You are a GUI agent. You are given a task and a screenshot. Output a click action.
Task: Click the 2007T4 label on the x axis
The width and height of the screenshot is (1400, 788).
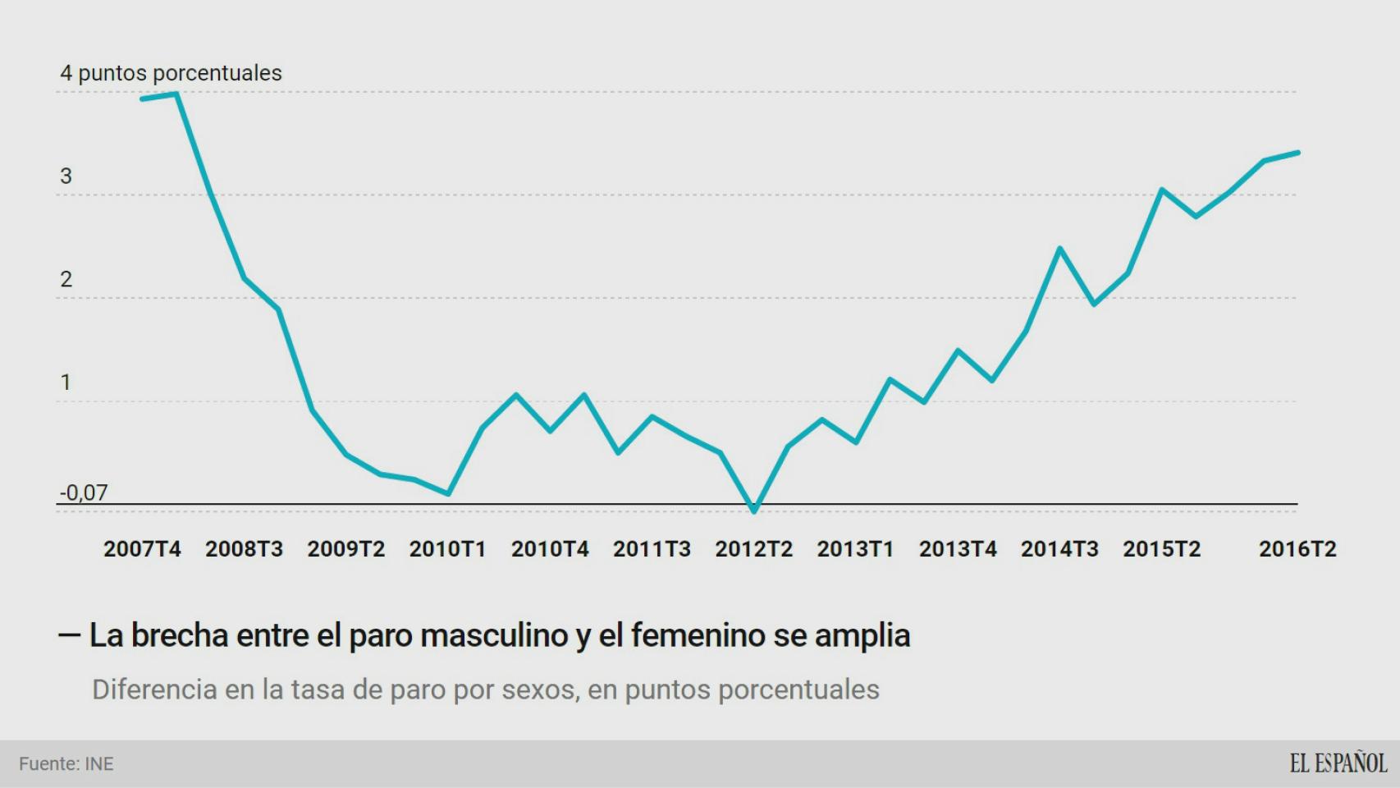click(142, 549)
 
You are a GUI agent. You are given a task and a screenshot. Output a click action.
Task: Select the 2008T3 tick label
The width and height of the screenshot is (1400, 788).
click(244, 549)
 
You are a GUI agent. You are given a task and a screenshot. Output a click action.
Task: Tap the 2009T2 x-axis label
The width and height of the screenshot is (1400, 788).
click(345, 549)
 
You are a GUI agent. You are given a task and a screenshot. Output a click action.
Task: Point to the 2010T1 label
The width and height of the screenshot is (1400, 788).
click(447, 549)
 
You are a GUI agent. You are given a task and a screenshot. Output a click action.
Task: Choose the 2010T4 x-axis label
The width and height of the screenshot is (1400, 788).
click(550, 549)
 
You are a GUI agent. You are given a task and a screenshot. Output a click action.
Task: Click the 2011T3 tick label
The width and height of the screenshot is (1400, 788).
click(652, 549)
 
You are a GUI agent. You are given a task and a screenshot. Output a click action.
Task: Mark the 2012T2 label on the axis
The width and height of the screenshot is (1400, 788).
click(753, 549)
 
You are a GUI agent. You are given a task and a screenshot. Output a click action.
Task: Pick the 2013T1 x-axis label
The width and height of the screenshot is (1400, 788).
click(855, 549)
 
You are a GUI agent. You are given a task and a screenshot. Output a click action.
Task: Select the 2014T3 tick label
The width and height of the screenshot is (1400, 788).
click(1059, 549)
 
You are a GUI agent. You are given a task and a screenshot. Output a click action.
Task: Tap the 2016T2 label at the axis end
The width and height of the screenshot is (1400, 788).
click(1297, 549)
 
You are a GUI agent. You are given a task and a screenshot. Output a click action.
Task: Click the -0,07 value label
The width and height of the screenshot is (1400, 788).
click(84, 492)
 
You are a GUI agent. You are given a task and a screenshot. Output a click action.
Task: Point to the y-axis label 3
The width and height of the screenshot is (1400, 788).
click(66, 176)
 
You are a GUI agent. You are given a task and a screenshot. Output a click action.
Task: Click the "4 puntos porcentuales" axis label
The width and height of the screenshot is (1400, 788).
click(171, 73)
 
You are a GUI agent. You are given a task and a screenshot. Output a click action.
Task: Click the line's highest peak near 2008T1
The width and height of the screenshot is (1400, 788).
click(176, 94)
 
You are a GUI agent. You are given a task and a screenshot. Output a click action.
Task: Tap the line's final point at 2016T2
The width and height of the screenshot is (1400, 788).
click(1297, 153)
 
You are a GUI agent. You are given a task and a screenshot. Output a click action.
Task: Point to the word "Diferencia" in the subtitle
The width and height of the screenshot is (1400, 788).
click(153, 689)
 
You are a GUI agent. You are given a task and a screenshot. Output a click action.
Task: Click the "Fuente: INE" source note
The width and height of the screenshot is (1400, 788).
click(66, 764)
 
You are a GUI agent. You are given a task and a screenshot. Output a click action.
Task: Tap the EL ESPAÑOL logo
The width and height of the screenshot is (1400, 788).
click(1338, 763)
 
